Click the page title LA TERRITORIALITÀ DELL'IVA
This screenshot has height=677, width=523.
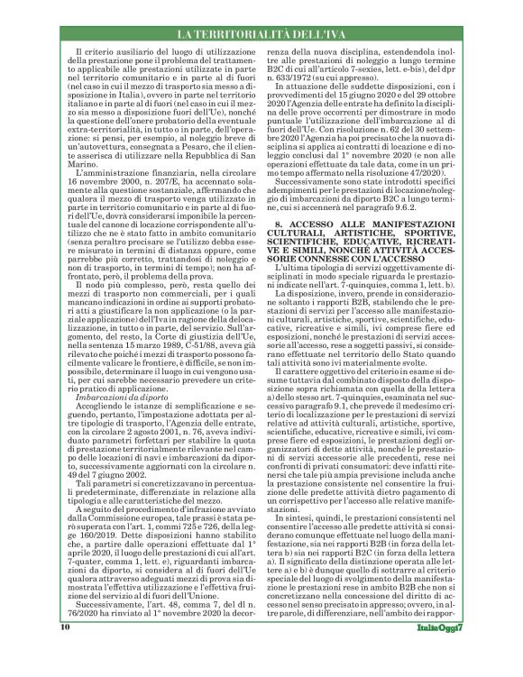261,34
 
